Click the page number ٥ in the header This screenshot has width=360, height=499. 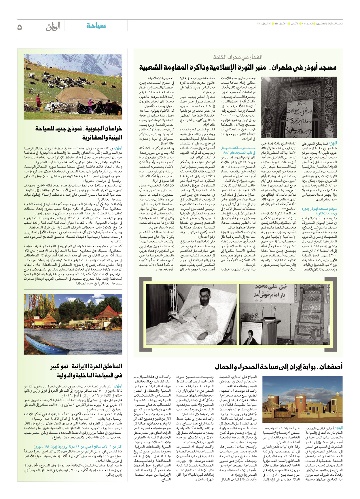(x=20, y=27)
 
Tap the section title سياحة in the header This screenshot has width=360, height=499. (x=96, y=26)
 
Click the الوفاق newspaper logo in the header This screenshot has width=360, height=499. (x=53, y=26)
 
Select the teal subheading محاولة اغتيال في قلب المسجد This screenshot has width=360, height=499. (x=238, y=150)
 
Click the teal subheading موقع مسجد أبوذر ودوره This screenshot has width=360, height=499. (x=319, y=211)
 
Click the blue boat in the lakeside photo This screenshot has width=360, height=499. (x=46, y=344)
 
